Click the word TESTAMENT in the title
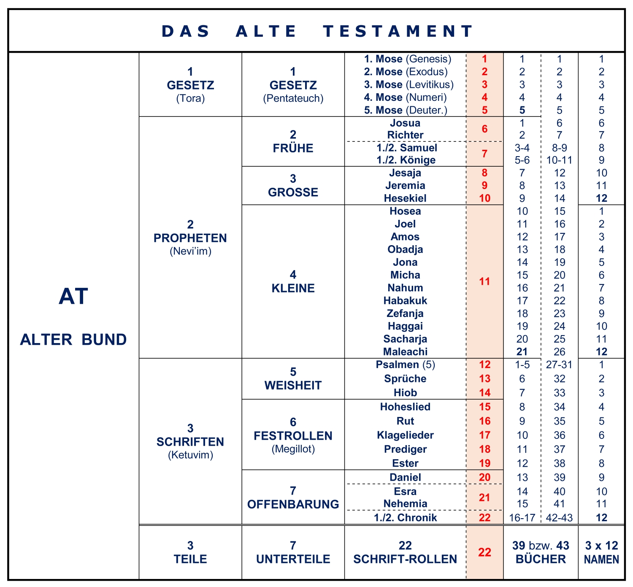tap(398, 31)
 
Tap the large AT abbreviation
tap(73, 296)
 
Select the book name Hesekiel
tap(405, 198)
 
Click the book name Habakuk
tap(405, 301)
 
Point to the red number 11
tap(484, 281)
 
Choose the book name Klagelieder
tap(405, 435)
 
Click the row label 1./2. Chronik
tap(405, 518)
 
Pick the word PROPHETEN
tap(190, 238)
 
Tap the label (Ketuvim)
tap(190, 455)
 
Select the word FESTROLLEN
tap(293, 436)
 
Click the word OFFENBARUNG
tap(293, 504)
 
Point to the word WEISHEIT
tap(293, 385)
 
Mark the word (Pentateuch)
tap(293, 98)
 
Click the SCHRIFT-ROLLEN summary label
tap(405, 559)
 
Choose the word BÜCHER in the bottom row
tap(541, 559)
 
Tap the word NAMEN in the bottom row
tap(601, 560)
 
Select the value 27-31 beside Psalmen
tap(559, 365)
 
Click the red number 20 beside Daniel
tap(484, 477)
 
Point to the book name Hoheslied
tap(405, 407)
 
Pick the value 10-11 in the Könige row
tap(559, 160)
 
